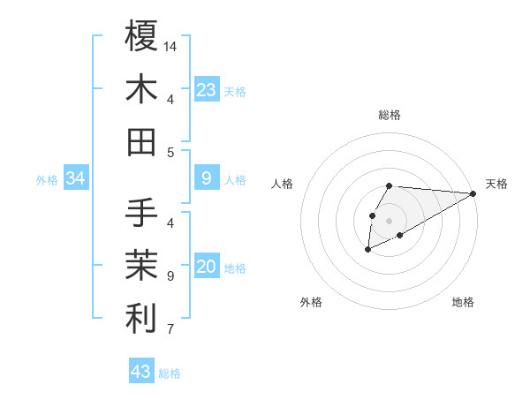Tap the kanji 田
coord(141,141)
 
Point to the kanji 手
coord(141,213)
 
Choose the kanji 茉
coord(141,266)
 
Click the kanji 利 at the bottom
coord(141,319)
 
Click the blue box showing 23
coord(207,90)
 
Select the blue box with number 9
coord(207,179)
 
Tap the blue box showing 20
coord(207,268)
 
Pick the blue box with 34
coord(76,179)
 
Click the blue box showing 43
coord(141,372)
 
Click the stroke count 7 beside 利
coord(170,330)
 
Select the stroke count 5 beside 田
coord(170,152)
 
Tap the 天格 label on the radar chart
coord(496,184)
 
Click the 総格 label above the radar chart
coord(389,115)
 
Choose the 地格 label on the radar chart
coord(463,302)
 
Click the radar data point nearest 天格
coord(473,193)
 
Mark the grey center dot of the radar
coord(390,220)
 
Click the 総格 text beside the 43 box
coord(170,373)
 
